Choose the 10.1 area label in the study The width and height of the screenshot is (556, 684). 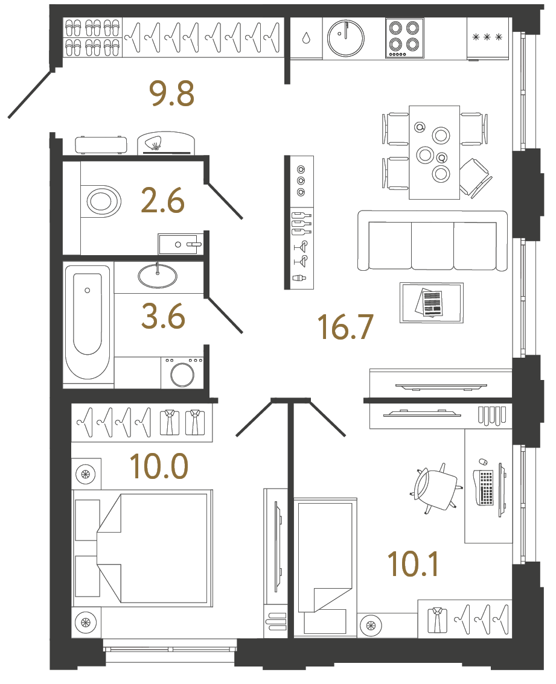[x=413, y=563]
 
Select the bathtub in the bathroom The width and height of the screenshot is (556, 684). [x=88, y=322]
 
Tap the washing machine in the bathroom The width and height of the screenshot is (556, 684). [x=182, y=373]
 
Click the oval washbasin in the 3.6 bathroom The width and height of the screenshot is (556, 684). [x=158, y=276]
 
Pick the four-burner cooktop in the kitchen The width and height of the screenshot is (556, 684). [x=403, y=37]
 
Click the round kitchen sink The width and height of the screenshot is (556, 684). [x=345, y=37]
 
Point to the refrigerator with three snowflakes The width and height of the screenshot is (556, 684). [x=488, y=38]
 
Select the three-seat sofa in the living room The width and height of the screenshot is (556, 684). [x=432, y=241]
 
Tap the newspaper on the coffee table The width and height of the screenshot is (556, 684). [x=429, y=302]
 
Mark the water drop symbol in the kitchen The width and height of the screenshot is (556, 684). [x=306, y=38]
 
